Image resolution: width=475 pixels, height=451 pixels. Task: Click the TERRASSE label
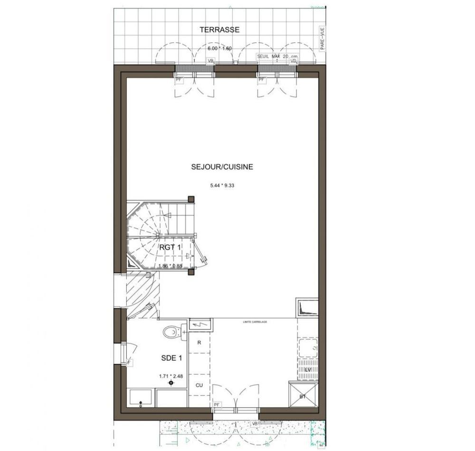[x=219, y=29]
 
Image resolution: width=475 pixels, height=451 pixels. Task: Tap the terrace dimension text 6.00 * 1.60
[x=219, y=48]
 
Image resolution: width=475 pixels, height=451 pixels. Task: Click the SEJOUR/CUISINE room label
[x=222, y=167]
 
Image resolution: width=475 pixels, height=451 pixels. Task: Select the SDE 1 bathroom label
[x=171, y=358]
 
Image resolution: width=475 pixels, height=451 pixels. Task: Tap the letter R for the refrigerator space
[x=199, y=343]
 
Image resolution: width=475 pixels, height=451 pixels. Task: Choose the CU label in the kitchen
[x=199, y=386]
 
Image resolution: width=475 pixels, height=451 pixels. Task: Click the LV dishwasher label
[x=308, y=370]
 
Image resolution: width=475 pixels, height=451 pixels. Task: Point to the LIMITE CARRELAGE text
[x=255, y=322]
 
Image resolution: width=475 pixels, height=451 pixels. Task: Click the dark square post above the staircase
[x=191, y=199]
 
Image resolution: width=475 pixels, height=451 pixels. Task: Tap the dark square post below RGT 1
[x=191, y=272]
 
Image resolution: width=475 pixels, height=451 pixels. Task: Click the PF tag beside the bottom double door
[x=217, y=404]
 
